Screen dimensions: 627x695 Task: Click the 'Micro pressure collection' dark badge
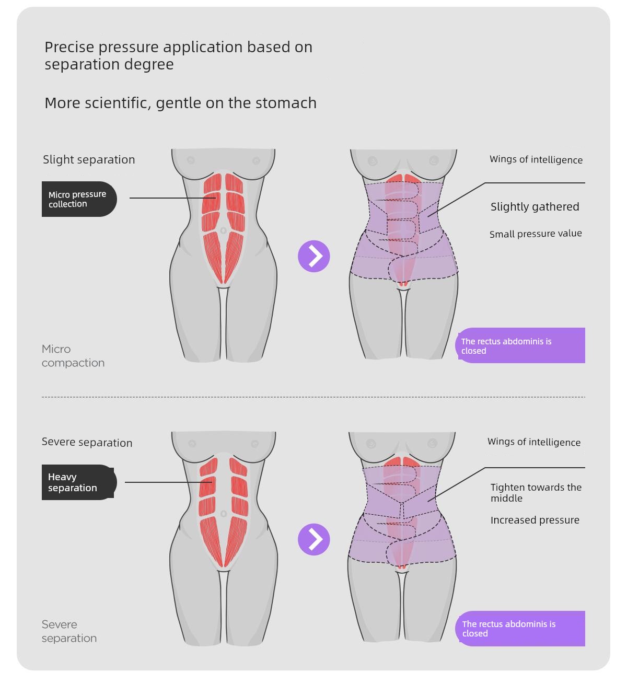point(79,199)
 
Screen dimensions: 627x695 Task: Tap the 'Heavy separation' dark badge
point(79,482)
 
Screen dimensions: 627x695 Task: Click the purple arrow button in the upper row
point(314,257)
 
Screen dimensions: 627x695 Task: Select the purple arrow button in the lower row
point(314,539)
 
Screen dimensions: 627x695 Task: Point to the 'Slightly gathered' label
point(535,207)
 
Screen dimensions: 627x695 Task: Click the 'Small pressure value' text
point(536,234)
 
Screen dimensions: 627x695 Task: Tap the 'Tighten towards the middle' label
point(536,493)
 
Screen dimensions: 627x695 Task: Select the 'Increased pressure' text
point(535,520)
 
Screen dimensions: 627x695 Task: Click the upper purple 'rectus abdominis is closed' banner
point(520,345)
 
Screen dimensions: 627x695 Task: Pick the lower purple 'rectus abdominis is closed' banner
point(520,629)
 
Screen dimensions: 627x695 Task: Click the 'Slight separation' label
point(89,160)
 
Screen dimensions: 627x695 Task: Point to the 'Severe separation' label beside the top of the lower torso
point(87,443)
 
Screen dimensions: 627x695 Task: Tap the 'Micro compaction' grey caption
point(73,356)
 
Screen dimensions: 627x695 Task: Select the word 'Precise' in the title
point(69,47)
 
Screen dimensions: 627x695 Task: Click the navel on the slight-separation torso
point(224,230)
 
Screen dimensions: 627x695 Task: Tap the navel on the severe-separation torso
point(224,514)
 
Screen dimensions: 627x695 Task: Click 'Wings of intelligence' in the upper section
point(536,160)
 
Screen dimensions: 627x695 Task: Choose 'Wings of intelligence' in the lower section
point(534,442)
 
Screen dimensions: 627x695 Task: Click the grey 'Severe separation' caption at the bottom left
point(69,631)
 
